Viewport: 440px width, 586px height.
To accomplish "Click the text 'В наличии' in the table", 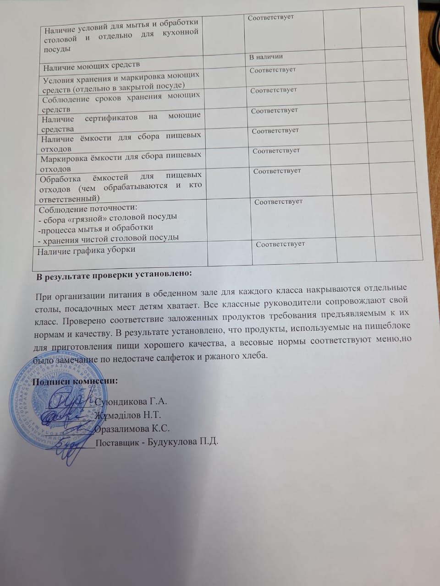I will [x=266, y=57].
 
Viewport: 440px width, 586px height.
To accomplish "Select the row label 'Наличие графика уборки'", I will [x=86, y=250].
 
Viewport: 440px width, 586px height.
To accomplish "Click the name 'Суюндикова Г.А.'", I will [x=131, y=402].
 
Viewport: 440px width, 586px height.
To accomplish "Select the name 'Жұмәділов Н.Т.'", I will [x=128, y=415].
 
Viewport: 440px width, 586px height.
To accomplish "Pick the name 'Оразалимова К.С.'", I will [x=132, y=429].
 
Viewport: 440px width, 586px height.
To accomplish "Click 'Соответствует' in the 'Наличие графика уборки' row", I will [x=280, y=244].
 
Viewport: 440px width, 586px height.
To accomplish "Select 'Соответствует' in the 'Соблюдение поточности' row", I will [x=278, y=201].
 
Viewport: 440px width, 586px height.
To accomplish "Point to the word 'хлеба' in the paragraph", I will [x=255, y=355].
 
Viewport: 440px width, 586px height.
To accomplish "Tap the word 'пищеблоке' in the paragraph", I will [x=387, y=326].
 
